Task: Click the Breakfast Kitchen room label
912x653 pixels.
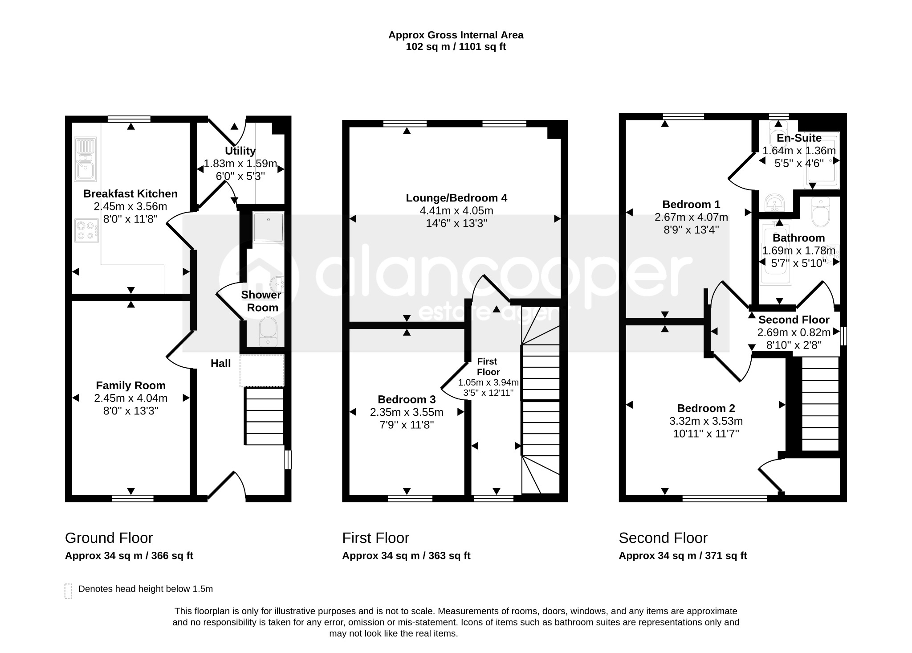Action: pyautogui.click(x=130, y=194)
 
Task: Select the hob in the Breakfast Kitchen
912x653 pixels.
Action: pyautogui.click(x=86, y=230)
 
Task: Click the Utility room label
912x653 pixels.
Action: pyautogui.click(x=240, y=151)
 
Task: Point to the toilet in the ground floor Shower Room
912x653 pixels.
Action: pyautogui.click(x=268, y=331)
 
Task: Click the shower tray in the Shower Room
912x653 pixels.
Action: pyautogui.click(x=269, y=228)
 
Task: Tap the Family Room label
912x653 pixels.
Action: pyautogui.click(x=131, y=386)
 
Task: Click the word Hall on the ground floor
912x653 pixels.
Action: pyautogui.click(x=221, y=363)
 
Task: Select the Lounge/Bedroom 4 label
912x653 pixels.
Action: pyautogui.click(x=456, y=198)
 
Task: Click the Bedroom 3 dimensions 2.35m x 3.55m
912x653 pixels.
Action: pyautogui.click(x=407, y=412)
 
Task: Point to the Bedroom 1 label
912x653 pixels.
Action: pyautogui.click(x=691, y=205)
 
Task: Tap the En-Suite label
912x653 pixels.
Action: pyautogui.click(x=799, y=138)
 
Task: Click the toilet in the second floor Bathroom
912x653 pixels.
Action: pyautogui.click(x=820, y=213)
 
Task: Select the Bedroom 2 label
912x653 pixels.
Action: pyautogui.click(x=706, y=408)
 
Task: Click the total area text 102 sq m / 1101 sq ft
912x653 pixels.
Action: pyautogui.click(x=456, y=47)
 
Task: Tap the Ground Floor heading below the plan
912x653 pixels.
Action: pyautogui.click(x=109, y=538)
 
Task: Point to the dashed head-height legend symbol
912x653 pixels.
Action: pyautogui.click(x=68, y=591)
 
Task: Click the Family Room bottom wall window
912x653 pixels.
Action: pyautogui.click(x=132, y=498)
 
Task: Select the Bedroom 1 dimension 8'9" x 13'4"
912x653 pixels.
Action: pyautogui.click(x=691, y=230)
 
